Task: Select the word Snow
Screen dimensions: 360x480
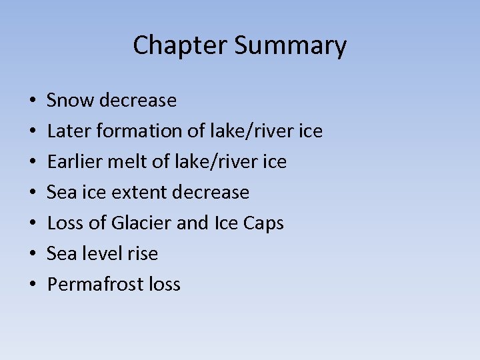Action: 70,101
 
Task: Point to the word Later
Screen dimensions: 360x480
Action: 69,131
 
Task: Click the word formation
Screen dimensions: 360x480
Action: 139,131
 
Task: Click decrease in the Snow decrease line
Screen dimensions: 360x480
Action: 137,101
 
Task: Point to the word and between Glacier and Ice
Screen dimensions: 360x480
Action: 193,223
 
